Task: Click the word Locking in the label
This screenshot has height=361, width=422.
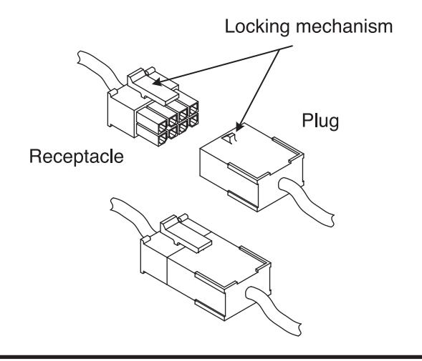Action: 256,27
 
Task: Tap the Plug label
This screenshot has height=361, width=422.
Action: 320,121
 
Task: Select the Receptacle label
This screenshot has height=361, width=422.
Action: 77,157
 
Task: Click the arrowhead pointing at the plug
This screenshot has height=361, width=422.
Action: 239,127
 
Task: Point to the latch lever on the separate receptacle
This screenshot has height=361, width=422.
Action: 152,87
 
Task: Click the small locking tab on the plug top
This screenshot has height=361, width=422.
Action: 229,138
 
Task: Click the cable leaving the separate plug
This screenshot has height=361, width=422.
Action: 307,202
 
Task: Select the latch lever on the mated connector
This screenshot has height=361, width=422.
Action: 185,234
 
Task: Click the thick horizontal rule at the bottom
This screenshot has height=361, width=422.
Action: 211,357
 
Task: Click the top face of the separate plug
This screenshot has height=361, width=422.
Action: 251,150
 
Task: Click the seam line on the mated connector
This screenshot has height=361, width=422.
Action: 167,269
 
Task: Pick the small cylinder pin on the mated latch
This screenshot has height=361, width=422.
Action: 183,217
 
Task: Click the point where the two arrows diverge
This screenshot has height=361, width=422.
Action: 279,49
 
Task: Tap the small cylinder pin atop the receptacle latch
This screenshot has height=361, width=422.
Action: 150,71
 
